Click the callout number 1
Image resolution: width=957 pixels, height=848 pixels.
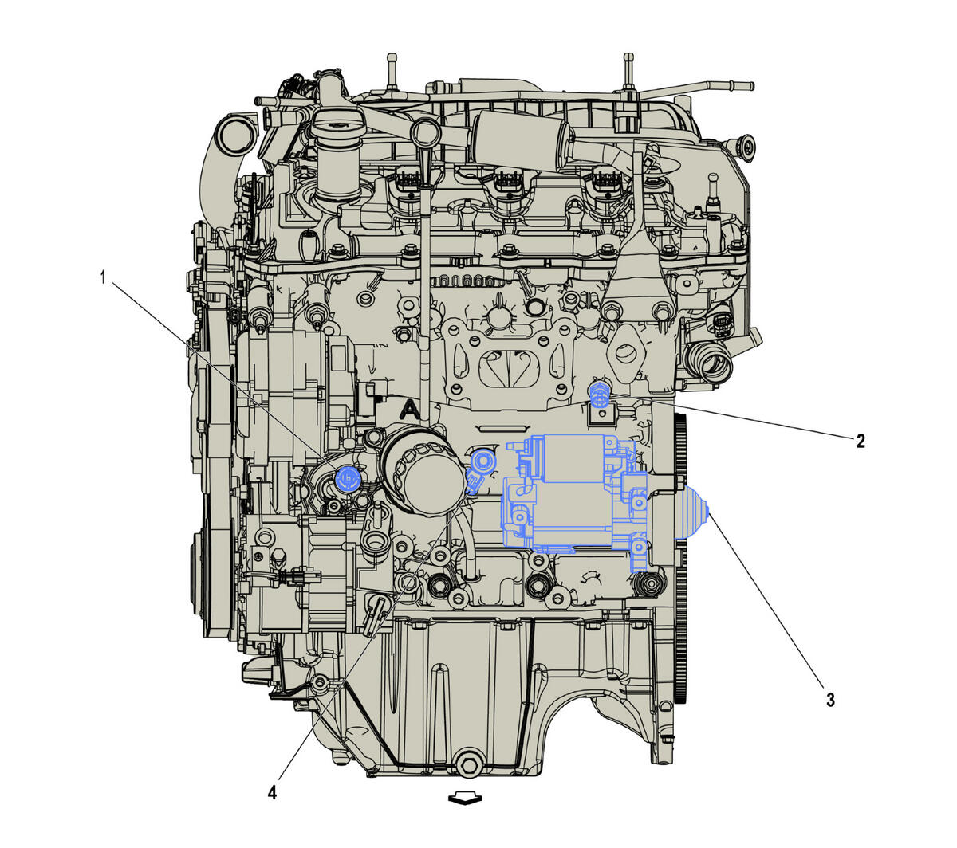103,278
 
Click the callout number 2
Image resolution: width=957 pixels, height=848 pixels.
861,441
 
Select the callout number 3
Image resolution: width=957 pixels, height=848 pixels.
830,701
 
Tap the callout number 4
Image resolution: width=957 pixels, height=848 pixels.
273,792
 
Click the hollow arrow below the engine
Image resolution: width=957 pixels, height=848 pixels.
465,798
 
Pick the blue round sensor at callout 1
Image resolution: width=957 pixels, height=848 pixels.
349,477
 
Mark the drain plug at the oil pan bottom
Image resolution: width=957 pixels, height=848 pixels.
467,766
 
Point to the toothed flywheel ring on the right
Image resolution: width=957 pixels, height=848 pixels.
681,558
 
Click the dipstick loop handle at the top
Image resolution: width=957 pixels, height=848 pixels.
423,132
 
